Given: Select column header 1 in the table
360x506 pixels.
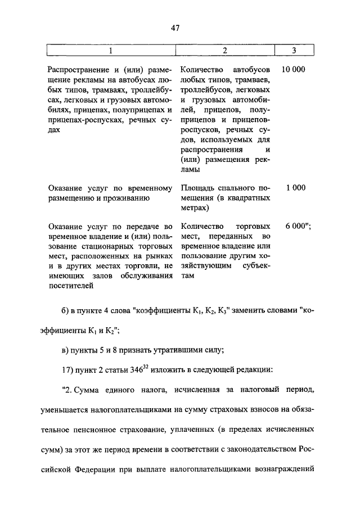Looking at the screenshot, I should click(x=111, y=51).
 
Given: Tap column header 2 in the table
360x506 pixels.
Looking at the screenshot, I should click(x=224, y=51).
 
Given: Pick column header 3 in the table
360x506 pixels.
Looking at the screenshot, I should click(x=294, y=51).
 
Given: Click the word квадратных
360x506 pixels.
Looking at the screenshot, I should click(x=247, y=198).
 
